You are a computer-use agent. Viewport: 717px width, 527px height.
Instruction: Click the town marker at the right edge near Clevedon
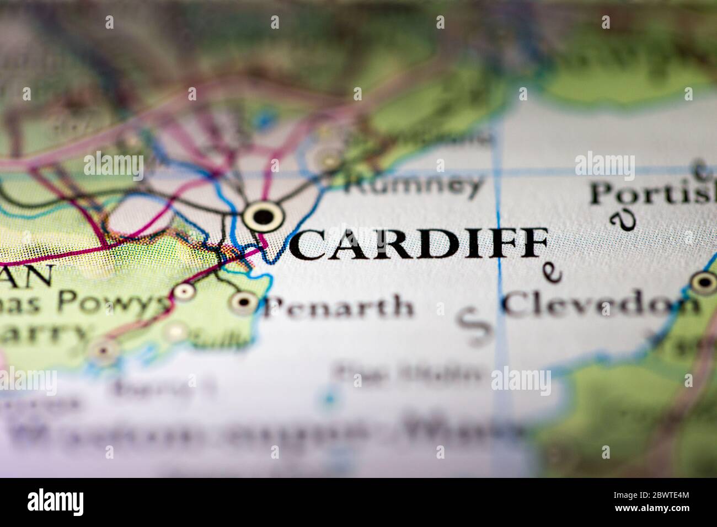point(704,283)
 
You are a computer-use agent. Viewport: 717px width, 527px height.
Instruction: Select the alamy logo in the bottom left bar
point(55,502)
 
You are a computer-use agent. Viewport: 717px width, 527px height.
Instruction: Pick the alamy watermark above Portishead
point(604,164)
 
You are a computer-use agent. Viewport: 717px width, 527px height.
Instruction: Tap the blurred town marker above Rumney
point(329,159)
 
